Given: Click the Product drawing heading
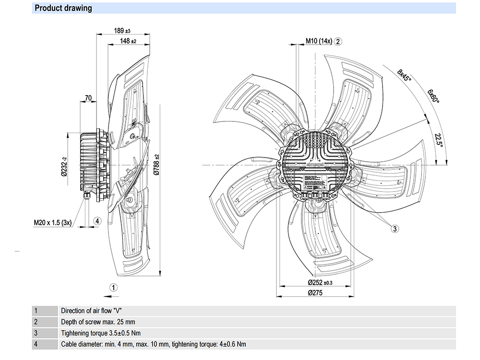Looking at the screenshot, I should click(x=63, y=8).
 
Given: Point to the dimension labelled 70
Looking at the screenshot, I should click(x=88, y=98).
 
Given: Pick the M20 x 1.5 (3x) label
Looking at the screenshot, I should click(x=52, y=222).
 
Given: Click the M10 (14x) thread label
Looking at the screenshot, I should click(x=319, y=41).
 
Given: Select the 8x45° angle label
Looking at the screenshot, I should click(x=405, y=77).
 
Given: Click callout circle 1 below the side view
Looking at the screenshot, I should click(x=113, y=288).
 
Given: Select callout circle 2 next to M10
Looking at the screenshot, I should click(x=338, y=41).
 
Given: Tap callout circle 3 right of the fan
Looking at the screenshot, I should click(x=394, y=229).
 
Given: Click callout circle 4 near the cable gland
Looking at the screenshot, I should click(x=97, y=221).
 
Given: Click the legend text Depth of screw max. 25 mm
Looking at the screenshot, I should click(x=101, y=322).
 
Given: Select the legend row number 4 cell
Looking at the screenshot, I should click(x=36, y=344).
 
